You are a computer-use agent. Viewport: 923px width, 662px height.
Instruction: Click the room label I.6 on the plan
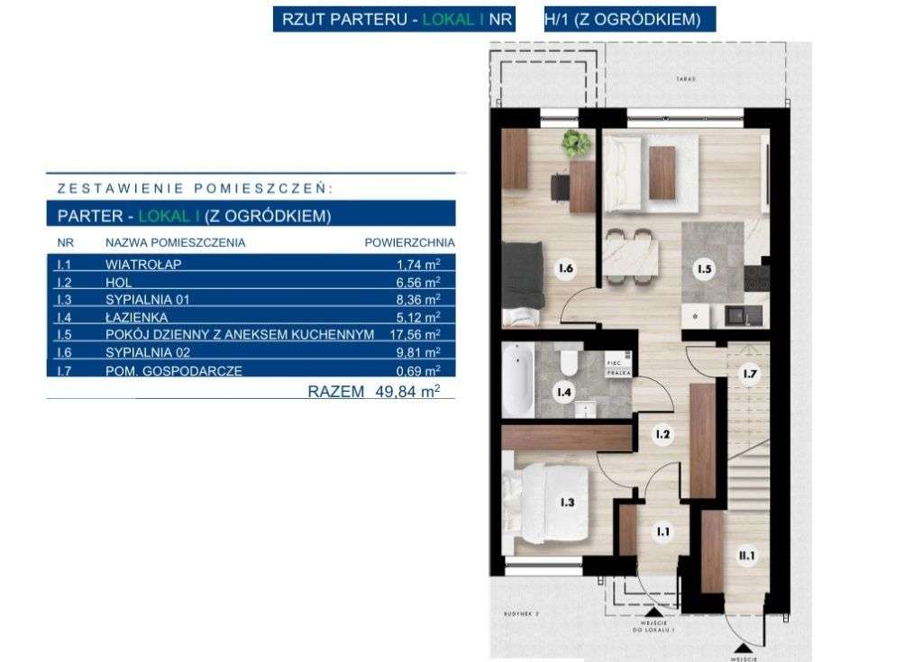[566, 268]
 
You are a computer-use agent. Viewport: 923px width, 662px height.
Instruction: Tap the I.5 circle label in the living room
[702, 268]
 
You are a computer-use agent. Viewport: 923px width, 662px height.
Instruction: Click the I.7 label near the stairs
[748, 373]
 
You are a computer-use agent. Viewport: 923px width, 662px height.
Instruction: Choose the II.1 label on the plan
[747, 558]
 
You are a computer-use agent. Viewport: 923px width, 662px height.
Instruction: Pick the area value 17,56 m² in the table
[418, 334]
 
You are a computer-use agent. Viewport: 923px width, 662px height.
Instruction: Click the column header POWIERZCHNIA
[409, 242]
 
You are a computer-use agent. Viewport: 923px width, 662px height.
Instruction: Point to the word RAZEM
[336, 391]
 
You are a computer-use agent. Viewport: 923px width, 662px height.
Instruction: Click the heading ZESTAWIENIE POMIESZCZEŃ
[195, 189]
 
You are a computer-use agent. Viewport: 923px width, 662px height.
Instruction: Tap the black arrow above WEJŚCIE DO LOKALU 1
[651, 611]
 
